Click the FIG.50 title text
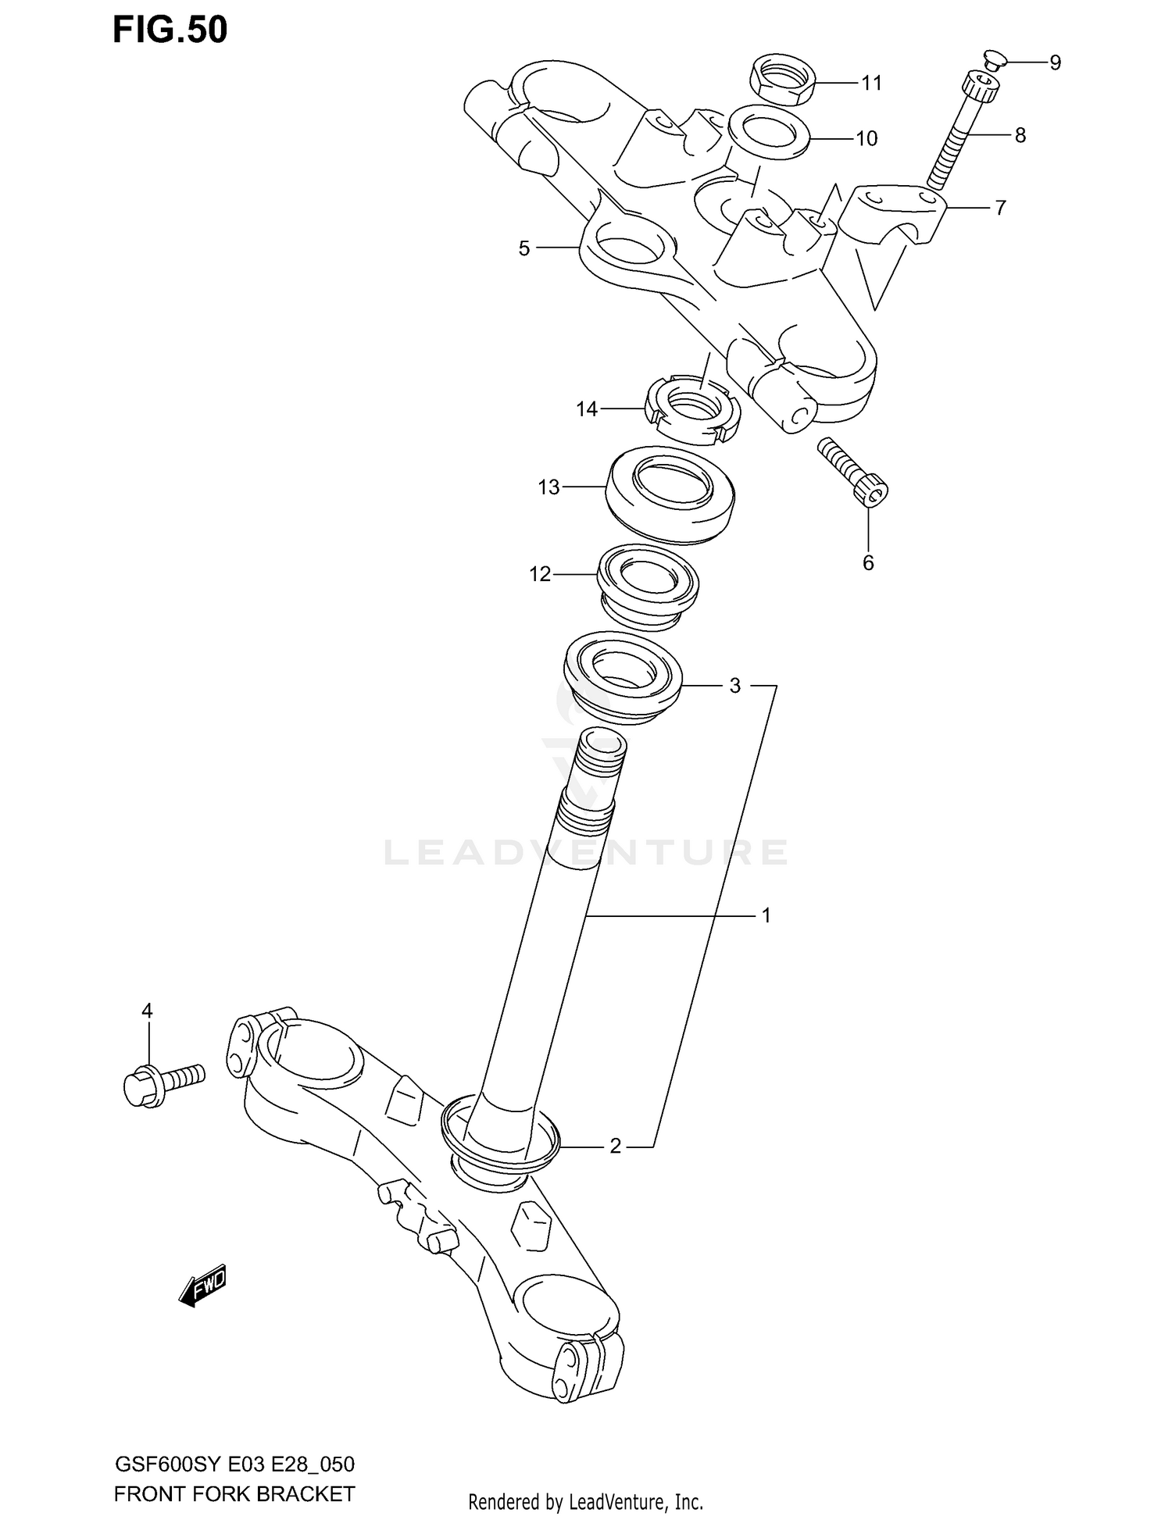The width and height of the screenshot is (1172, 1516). click(x=170, y=30)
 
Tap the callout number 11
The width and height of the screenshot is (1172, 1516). click(x=871, y=83)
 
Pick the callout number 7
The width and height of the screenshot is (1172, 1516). click(x=1000, y=208)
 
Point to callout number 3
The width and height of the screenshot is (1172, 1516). click(x=734, y=686)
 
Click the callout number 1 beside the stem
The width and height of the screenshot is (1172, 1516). click(x=766, y=915)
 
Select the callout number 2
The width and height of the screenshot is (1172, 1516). click(x=615, y=1146)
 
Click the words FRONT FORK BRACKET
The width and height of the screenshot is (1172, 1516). click(x=234, y=1494)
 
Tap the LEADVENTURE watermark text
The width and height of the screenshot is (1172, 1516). click(x=586, y=853)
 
